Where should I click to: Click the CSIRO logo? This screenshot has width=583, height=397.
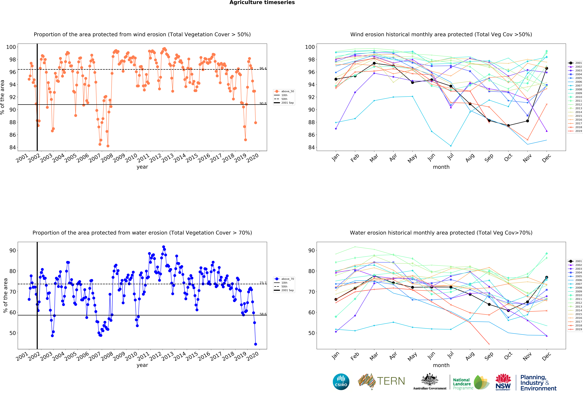[x=341, y=382]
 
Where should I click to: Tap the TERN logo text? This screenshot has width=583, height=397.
[x=391, y=381]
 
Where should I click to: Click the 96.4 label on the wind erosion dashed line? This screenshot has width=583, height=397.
[x=263, y=68]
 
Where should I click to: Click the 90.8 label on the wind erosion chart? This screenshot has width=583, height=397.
[x=263, y=103]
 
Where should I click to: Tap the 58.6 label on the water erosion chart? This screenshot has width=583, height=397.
[x=263, y=314]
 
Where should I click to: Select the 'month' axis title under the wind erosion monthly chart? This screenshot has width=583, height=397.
[x=441, y=167]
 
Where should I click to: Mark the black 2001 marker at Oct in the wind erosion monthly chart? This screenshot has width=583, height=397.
[x=508, y=126]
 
